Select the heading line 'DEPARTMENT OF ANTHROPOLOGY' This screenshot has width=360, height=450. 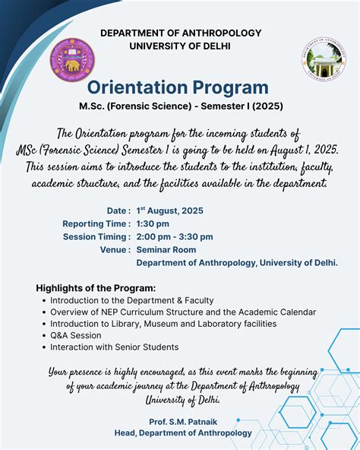(181, 33)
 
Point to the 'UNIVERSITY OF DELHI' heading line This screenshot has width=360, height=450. (180, 46)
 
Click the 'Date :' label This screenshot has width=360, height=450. (118, 211)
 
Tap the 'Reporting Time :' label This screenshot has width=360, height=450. (96, 223)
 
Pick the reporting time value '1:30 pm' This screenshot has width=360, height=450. (153, 223)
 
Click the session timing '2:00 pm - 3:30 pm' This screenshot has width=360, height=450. (175, 236)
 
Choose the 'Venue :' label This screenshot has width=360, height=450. (115, 249)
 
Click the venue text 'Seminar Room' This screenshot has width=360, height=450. (166, 249)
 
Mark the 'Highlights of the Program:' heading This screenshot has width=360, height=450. (96, 288)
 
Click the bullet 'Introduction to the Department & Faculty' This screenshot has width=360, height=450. (131, 300)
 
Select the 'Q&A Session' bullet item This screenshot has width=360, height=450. (75, 335)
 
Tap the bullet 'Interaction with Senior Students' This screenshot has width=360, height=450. (114, 347)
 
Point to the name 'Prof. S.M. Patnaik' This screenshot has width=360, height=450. (181, 420)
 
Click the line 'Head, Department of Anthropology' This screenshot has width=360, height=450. (181, 433)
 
